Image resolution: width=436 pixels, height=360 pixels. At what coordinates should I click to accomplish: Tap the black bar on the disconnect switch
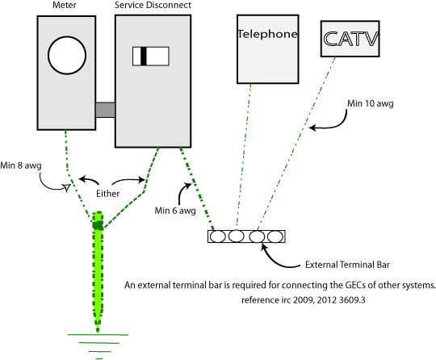coord(144,57)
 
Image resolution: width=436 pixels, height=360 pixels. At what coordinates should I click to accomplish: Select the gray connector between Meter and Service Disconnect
coord(106,110)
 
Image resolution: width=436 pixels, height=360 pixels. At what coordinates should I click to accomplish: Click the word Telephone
coord(267,34)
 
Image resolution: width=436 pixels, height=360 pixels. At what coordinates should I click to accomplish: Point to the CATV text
coord(351,39)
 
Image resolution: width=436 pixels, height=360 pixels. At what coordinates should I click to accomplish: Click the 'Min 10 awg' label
coord(371,103)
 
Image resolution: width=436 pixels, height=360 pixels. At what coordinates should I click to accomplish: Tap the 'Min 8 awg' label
coord(21,165)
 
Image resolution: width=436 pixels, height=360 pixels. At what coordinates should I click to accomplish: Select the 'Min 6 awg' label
coord(175,211)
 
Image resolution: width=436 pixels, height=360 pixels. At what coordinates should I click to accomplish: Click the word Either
coord(108,194)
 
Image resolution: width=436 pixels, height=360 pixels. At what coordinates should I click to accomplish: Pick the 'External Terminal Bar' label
coord(347,265)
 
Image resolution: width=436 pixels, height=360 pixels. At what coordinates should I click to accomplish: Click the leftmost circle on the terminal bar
coord(217,237)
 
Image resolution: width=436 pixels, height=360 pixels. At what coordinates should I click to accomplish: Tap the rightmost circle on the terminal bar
coord(275,237)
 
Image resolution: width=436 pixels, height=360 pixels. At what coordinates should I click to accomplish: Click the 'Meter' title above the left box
coord(65,5)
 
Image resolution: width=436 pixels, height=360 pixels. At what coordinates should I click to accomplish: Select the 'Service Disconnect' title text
coord(153,5)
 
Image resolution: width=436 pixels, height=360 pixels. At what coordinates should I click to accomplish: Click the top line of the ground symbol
coord(98,335)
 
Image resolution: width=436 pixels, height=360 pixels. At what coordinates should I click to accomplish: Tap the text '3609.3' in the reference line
coord(352,300)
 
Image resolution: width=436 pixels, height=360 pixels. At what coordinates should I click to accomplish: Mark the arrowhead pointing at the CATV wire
coord(312,128)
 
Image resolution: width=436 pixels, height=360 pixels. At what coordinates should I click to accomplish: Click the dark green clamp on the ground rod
coord(98,225)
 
